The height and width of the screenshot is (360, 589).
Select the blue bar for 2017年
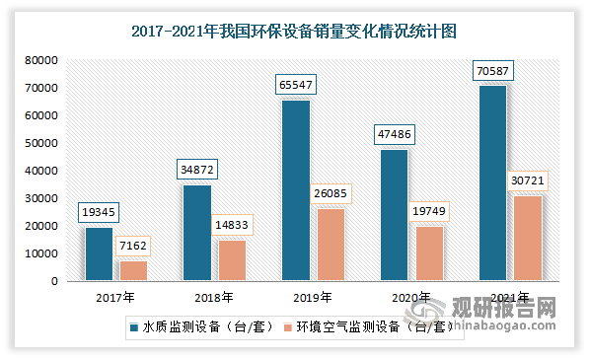tap(99, 254)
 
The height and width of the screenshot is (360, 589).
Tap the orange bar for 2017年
tap(133, 271)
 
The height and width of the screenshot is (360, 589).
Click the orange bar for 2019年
tap(331, 245)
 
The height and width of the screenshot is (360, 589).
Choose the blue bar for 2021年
tap(492, 183)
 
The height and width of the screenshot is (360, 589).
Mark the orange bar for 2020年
tap(429, 253)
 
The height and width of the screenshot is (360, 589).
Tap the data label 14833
tap(231, 225)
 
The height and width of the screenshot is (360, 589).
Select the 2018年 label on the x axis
tap(214, 296)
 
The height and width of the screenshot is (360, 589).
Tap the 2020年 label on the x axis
tap(411, 296)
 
